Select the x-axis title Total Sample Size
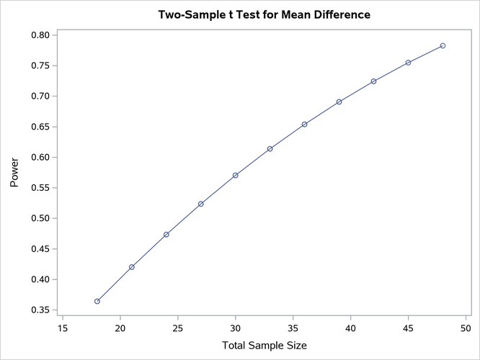pos(264,346)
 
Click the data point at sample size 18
pos(97,301)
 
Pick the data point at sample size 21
pos(132,267)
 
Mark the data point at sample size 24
pos(166,235)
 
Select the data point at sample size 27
pos(201,204)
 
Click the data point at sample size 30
pos(236,175)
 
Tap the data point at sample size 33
pos(270,149)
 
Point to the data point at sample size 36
pos(305,124)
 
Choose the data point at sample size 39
pos(339,102)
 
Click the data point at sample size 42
pos(373,81)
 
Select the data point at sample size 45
pos(408,63)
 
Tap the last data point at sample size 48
pos(443,45)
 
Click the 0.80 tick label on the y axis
pos(40,35)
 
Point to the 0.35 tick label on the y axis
pos(40,310)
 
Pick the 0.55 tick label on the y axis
pos(40,188)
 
